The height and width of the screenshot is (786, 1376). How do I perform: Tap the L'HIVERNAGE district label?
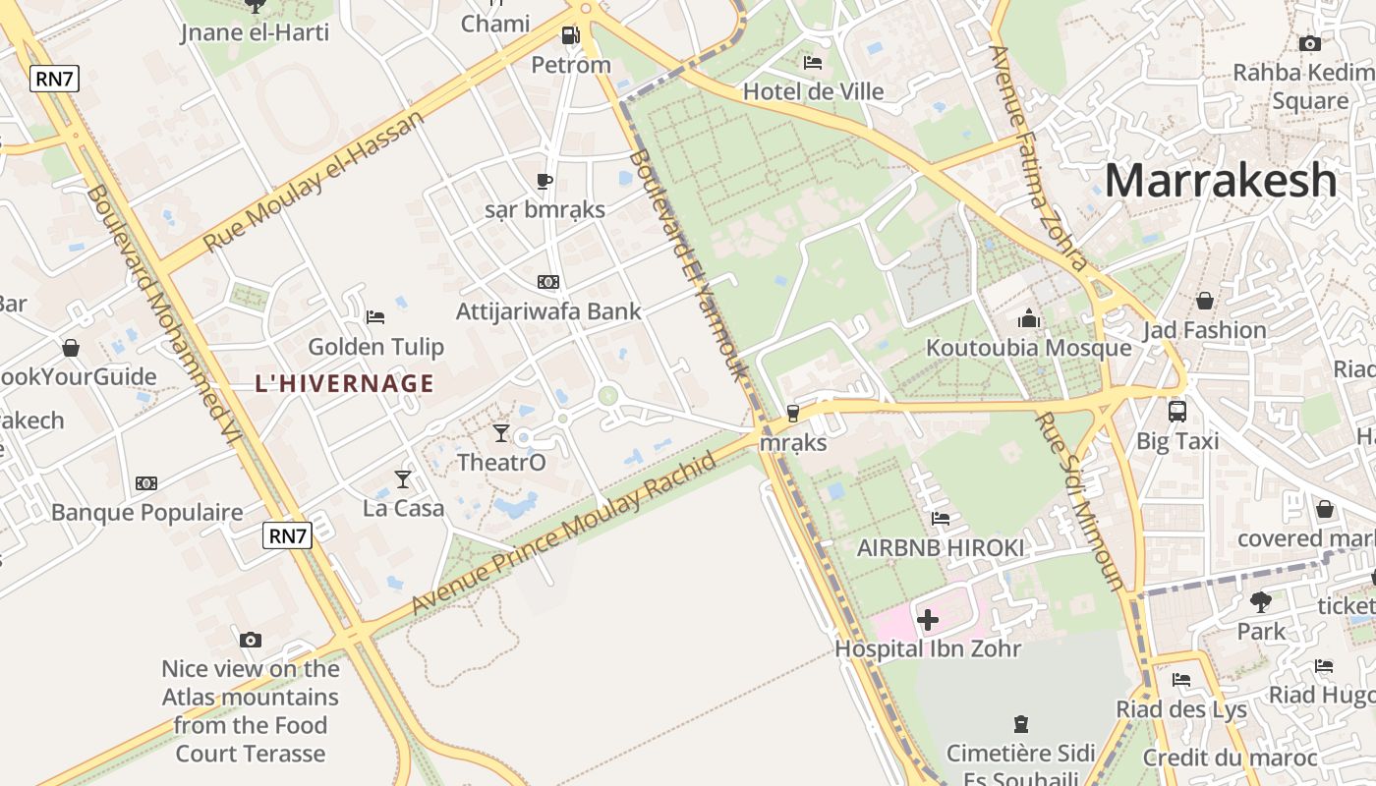tap(344, 383)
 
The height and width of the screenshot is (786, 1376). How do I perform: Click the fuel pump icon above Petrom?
tap(570, 36)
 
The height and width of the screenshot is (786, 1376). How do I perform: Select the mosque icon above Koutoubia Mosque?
tap(1029, 318)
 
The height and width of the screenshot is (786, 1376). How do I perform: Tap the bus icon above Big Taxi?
tap(1176, 412)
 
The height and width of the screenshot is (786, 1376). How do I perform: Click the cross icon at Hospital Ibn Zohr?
tap(927, 620)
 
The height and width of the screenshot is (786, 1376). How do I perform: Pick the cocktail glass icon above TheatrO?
tap(501, 432)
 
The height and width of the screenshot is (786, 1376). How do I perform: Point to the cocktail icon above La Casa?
tap(403, 478)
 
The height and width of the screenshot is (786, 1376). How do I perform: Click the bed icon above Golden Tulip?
tap(375, 316)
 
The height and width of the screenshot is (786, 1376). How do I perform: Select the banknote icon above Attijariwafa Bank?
tap(548, 282)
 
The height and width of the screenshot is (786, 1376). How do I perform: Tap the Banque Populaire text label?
tap(146, 513)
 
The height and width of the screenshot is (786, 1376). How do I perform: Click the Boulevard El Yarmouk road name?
tap(688, 265)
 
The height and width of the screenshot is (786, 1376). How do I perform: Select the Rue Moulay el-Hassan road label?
tap(314, 181)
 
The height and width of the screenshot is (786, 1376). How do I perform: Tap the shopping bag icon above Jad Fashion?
tap(1204, 301)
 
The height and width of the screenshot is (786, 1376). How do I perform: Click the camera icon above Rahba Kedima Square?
tap(1309, 43)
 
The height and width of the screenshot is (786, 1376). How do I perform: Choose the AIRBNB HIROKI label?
tap(941, 548)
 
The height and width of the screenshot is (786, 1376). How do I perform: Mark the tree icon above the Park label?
tap(1261, 601)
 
